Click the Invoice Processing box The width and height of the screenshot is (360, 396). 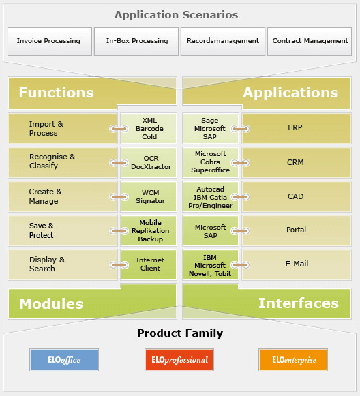click(x=50, y=42)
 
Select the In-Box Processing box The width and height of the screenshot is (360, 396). click(x=136, y=42)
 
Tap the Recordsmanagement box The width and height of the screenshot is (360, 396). click(x=223, y=42)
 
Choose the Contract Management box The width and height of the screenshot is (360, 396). click(x=310, y=42)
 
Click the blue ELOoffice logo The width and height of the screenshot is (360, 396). click(x=64, y=360)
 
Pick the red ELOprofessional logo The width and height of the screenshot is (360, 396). click(x=179, y=360)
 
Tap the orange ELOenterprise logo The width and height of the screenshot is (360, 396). click(x=293, y=360)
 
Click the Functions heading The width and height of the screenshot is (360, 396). click(x=57, y=93)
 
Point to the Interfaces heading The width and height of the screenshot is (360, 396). click(x=299, y=303)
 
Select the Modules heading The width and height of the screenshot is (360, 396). click(x=51, y=303)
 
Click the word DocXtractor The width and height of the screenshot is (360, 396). click(x=151, y=167)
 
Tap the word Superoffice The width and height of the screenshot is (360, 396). click(x=211, y=170)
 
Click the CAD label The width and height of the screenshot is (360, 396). click(x=295, y=196)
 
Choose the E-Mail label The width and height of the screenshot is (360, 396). click(x=297, y=264)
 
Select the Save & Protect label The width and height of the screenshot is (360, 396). click(x=42, y=230)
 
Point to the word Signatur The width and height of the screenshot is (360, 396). click(x=150, y=201)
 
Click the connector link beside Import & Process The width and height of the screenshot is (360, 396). click(x=119, y=129)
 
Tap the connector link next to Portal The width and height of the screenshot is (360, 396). click(x=241, y=231)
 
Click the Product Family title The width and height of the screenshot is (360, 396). click(x=180, y=333)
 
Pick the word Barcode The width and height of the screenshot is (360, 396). click(x=149, y=129)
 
